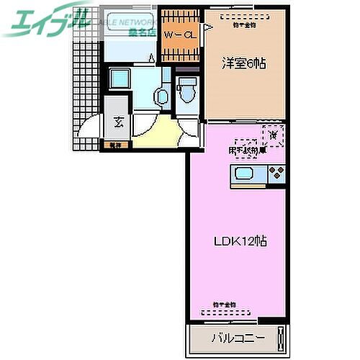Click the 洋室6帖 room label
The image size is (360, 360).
click(x=243, y=63)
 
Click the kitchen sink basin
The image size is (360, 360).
click(x=243, y=175)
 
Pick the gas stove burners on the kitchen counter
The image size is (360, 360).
click(x=276, y=174)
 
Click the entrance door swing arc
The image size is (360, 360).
click(x=89, y=134)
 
